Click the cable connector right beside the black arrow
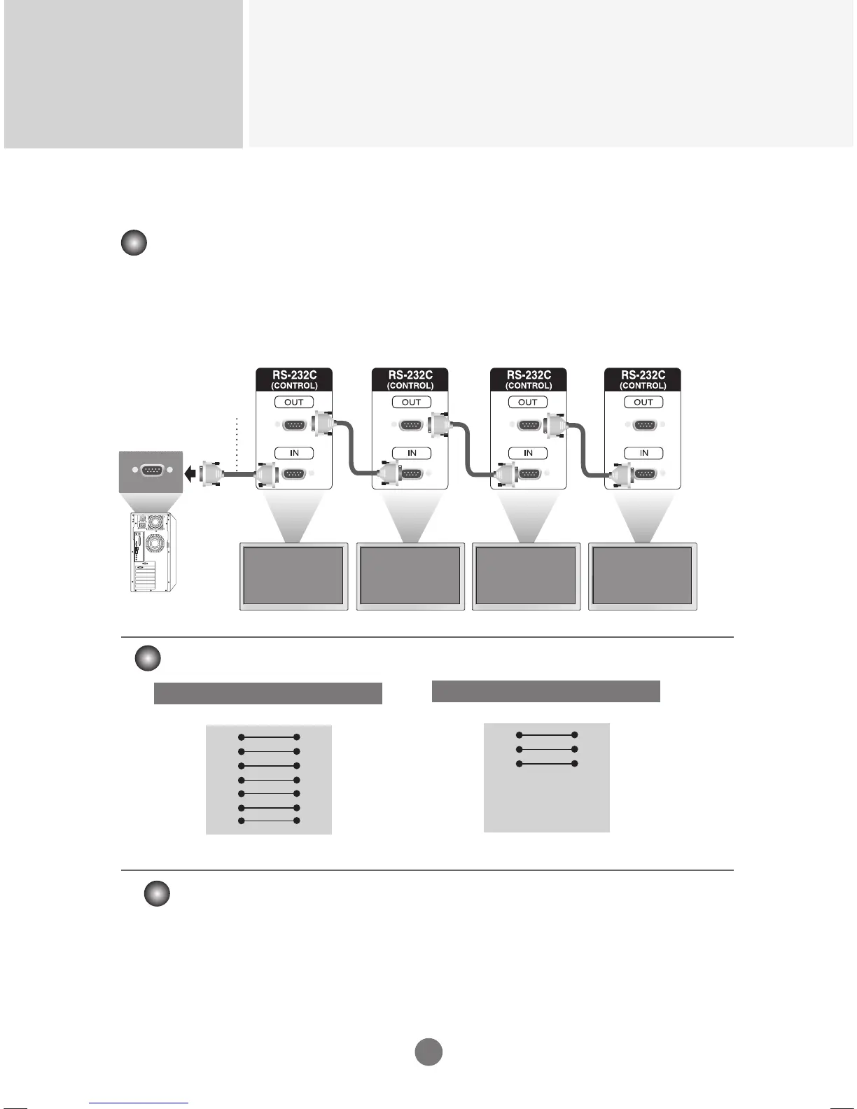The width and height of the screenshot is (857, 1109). click(209, 474)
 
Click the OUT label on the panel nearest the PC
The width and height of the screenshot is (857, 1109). click(294, 402)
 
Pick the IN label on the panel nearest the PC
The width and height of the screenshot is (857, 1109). click(294, 453)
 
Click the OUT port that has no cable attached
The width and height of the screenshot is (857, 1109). click(643, 425)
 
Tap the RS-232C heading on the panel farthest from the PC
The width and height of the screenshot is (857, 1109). click(643, 375)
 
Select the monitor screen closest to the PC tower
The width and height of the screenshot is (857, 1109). click(293, 576)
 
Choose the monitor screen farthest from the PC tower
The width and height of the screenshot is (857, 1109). click(642, 576)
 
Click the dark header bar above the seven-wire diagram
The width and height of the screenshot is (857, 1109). click(267, 693)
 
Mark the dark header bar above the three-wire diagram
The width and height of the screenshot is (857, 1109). click(545, 691)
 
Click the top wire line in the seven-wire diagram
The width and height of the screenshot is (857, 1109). click(269, 737)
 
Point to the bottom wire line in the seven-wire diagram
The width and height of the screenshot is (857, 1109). click(269, 821)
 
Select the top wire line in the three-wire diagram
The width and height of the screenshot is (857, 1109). click(546, 735)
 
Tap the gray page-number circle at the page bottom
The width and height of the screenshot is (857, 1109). click(428, 1052)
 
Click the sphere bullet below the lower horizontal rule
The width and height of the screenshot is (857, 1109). click(157, 894)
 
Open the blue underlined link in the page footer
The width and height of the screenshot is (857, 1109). click(139, 1103)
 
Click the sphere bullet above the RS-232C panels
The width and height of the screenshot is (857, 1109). click(134, 244)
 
